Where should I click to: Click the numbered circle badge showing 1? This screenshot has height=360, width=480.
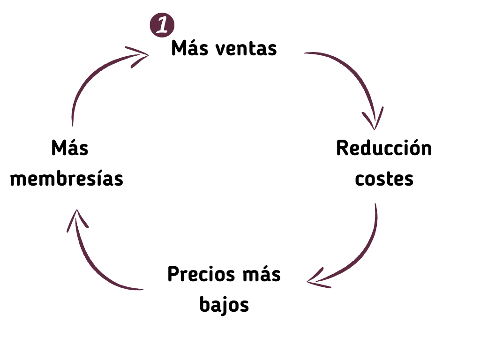click(x=162, y=25)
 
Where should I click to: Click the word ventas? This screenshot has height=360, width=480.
click(x=246, y=49)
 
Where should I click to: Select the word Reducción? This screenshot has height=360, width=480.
click(x=384, y=148)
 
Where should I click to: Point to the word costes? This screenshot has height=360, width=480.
click(x=384, y=180)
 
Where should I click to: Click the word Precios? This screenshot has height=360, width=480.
click(x=201, y=274)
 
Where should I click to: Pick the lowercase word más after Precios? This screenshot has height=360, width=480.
click(x=262, y=274)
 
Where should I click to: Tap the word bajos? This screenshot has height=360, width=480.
click(x=224, y=304)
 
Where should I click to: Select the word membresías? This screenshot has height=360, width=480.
click(x=67, y=179)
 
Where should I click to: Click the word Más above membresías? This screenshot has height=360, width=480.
click(x=70, y=148)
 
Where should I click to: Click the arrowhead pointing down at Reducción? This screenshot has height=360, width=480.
click(x=374, y=120)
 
